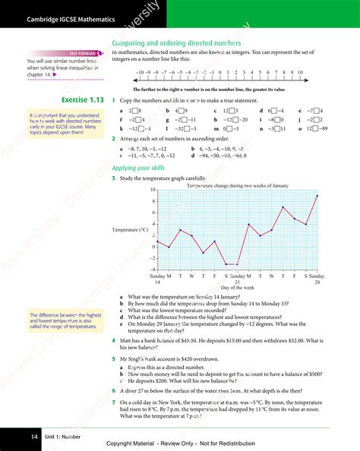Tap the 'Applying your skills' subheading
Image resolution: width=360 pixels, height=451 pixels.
click(137, 168)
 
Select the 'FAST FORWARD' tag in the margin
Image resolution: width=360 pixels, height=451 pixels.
click(82, 53)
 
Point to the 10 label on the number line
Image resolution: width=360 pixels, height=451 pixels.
click(300, 72)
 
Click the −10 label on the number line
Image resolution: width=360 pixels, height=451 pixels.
click(139, 72)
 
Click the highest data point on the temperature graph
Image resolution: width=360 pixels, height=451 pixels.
click(317, 196)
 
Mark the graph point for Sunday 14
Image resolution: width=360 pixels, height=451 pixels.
click(158, 241)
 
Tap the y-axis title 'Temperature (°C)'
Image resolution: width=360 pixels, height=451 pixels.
click(130, 229)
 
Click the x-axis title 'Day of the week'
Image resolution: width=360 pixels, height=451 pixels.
click(237, 288)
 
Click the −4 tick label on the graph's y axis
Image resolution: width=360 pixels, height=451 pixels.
click(153, 270)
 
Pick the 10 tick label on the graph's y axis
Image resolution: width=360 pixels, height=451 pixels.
click(153, 190)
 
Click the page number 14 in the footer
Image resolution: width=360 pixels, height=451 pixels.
click(34, 437)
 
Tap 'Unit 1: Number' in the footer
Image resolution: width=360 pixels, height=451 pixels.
click(62, 437)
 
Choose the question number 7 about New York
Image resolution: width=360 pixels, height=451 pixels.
click(113, 402)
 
